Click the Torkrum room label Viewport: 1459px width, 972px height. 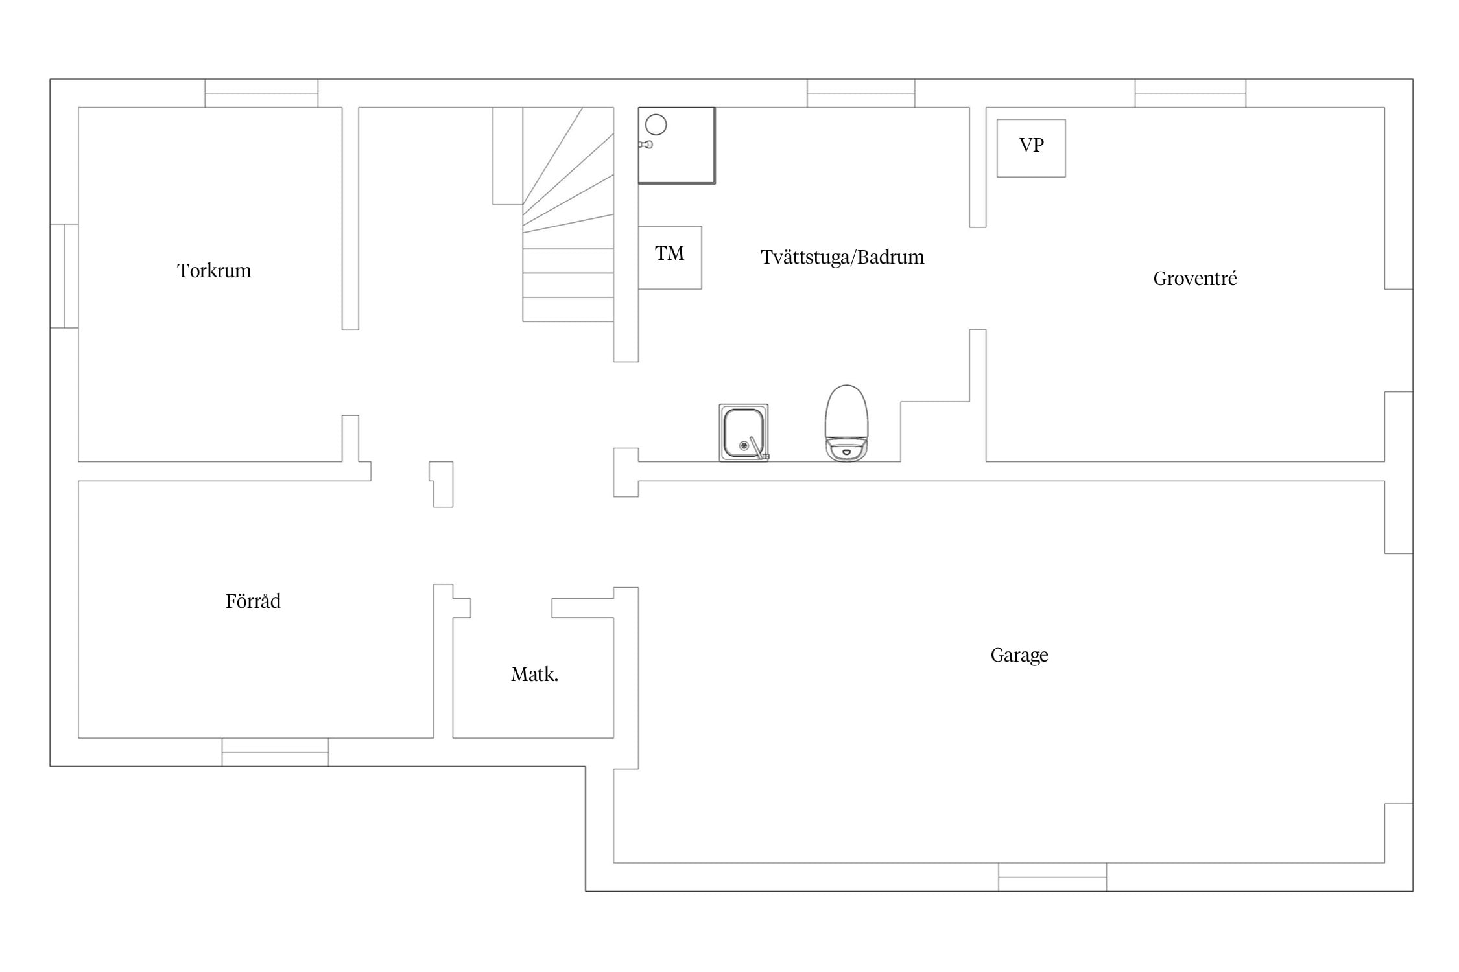[214, 270]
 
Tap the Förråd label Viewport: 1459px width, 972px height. [253, 601]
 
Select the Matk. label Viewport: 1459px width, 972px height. [534, 675]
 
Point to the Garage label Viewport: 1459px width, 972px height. [1019, 655]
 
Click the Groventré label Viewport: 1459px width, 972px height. [1195, 279]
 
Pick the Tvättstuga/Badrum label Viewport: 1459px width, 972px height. [842, 257]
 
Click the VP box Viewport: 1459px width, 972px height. [1031, 148]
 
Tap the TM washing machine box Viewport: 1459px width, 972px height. [670, 257]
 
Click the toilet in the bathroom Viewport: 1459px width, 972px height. [846, 423]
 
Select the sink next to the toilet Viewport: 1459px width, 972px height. [744, 432]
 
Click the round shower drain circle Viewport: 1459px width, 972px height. [656, 124]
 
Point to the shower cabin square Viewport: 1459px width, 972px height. [676, 146]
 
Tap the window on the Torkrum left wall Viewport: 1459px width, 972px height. [64, 276]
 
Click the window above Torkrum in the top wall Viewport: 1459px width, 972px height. [261, 93]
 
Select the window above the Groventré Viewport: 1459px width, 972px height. [1190, 93]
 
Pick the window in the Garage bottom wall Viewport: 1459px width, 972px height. [1052, 877]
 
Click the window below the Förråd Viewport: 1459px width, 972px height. [275, 752]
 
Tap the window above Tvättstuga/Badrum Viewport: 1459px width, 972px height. [860, 93]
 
